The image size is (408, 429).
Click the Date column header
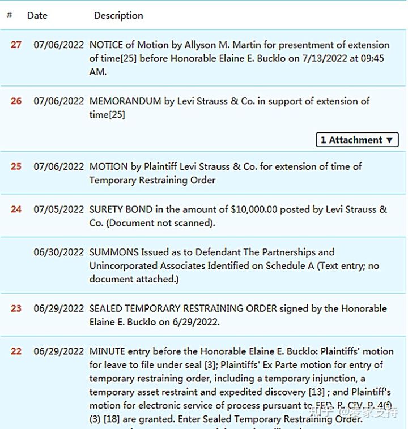(37, 16)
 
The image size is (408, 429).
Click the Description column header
(118, 16)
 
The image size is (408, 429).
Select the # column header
(9, 16)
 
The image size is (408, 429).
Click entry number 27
(16, 45)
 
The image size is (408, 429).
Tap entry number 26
(16, 101)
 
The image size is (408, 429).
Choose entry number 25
(16, 166)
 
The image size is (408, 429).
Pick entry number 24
(16, 209)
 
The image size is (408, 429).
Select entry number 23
(16, 308)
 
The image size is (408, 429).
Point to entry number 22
(16, 351)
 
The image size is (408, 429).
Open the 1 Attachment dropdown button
(357, 140)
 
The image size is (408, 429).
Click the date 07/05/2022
(58, 209)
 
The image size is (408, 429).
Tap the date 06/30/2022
(58, 252)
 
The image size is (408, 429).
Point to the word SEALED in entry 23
(105, 308)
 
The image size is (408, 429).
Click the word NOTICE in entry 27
(107, 45)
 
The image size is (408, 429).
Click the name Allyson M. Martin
(218, 45)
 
